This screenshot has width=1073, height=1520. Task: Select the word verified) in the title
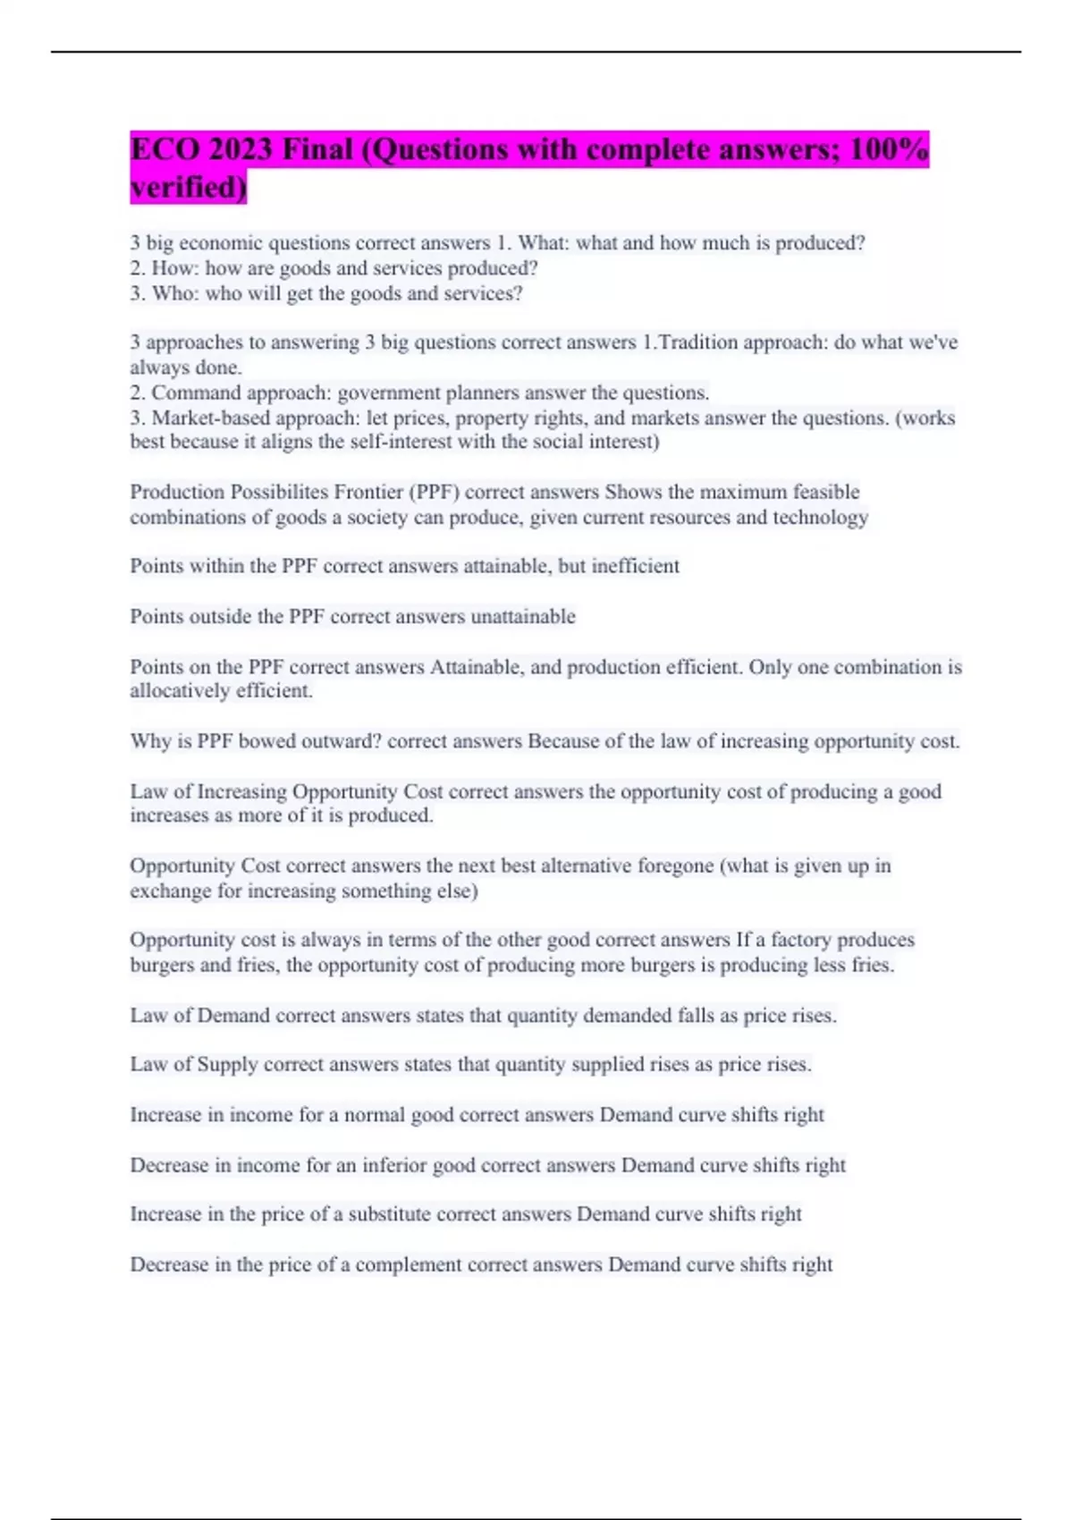point(188,188)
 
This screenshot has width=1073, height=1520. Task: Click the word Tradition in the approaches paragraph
point(698,342)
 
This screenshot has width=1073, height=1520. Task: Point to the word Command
point(196,393)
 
